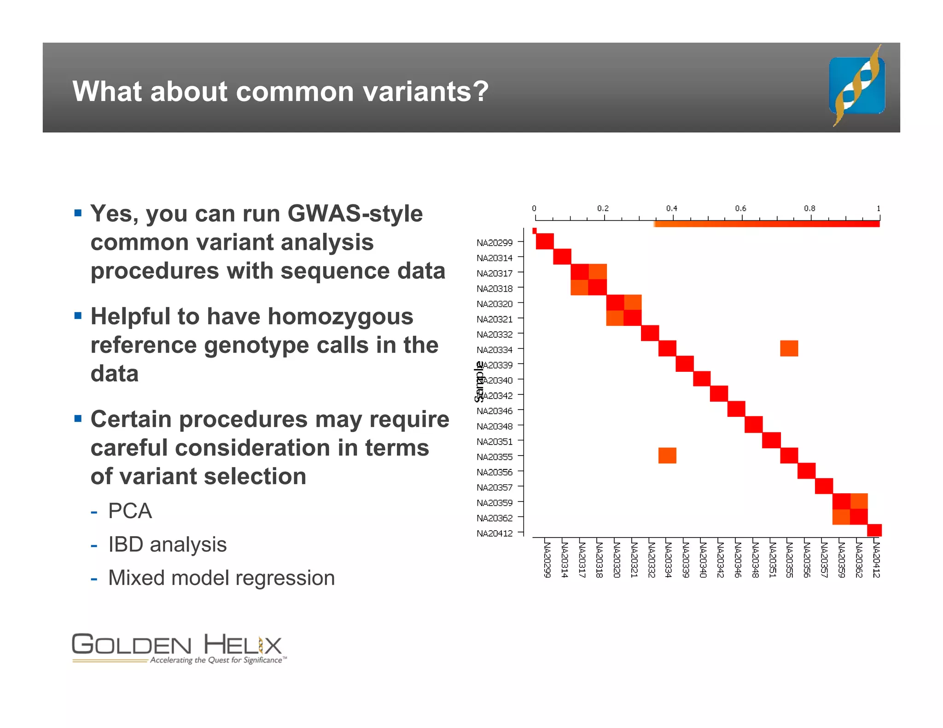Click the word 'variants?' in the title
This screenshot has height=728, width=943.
pos(425,91)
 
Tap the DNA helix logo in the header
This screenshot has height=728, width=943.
pos(857,86)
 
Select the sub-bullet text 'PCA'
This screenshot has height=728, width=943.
pos(130,511)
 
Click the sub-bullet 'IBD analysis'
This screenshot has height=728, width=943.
pos(167,544)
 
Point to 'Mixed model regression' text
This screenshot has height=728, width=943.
pos(221,578)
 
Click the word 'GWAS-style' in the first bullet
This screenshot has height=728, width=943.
pos(355,214)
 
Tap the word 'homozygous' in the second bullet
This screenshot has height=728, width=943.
pos(340,317)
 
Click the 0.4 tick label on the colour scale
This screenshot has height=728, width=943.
pos(671,208)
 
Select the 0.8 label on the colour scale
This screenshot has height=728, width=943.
pos(809,208)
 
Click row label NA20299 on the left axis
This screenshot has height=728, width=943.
pos(495,243)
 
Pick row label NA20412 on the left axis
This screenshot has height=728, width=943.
pos(495,533)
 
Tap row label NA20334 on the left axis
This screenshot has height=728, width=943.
pos(495,350)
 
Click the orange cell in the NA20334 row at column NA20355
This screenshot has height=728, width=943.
pos(789,348)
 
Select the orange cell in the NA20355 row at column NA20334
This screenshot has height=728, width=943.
pos(667,456)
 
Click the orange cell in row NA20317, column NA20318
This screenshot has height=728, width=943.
pos(598,272)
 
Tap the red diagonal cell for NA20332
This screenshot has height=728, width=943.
pos(650,333)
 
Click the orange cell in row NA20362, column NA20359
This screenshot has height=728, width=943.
pos(841,517)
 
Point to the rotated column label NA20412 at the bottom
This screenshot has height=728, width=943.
pos(876,560)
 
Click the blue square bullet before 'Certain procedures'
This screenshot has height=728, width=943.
pos(78,418)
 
